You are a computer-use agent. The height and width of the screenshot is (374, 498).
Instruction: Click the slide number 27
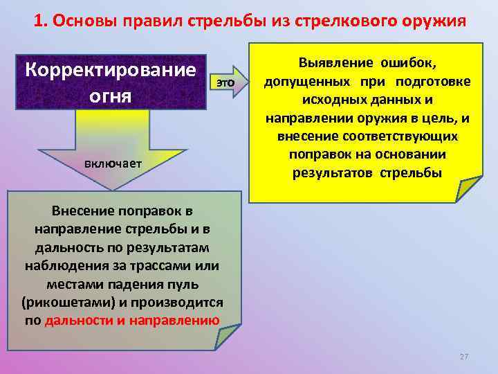click(x=463, y=357)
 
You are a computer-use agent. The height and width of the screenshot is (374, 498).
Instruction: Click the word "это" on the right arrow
click(x=226, y=82)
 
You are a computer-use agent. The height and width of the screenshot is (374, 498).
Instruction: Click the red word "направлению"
click(x=178, y=321)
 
